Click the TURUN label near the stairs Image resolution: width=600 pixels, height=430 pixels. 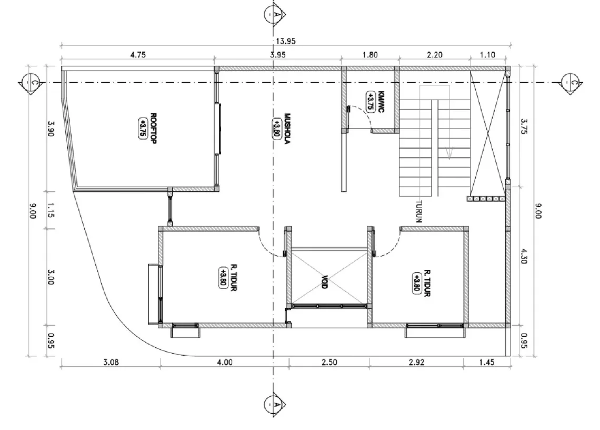[x=419, y=210]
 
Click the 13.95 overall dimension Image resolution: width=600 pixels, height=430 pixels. [x=285, y=41]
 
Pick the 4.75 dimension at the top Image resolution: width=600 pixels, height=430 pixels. [x=137, y=54]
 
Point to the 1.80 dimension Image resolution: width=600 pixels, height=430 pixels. [x=369, y=54]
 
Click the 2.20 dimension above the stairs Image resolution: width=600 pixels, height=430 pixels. [x=434, y=54]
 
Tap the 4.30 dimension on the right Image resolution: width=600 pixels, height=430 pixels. [x=523, y=255]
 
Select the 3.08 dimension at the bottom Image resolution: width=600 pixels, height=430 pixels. [x=111, y=362]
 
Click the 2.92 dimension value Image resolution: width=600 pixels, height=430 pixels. [x=416, y=362]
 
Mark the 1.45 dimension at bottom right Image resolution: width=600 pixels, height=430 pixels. [x=487, y=362]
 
